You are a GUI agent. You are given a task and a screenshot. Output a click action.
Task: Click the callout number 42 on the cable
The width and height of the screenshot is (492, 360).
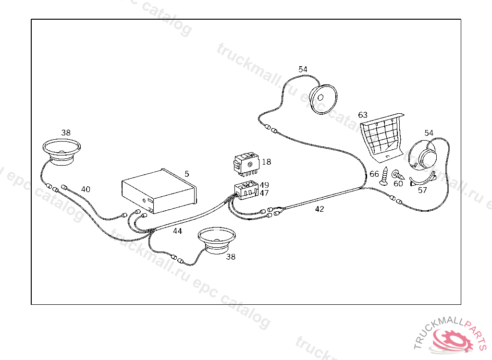pos(320,209)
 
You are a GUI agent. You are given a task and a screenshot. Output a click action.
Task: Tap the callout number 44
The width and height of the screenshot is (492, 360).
pos(177,231)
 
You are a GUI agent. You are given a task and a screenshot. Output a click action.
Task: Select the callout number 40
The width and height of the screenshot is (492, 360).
pos(86,190)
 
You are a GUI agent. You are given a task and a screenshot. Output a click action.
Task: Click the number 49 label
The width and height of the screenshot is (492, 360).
pos(264,185)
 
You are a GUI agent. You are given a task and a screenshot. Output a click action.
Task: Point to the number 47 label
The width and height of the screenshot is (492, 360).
pos(264,193)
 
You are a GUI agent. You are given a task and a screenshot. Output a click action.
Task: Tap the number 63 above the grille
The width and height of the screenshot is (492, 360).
pos(363,115)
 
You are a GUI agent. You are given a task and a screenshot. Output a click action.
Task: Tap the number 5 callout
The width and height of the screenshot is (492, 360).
pos(187,173)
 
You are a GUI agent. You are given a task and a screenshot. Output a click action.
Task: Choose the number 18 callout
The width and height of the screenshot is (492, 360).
pos(266,162)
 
